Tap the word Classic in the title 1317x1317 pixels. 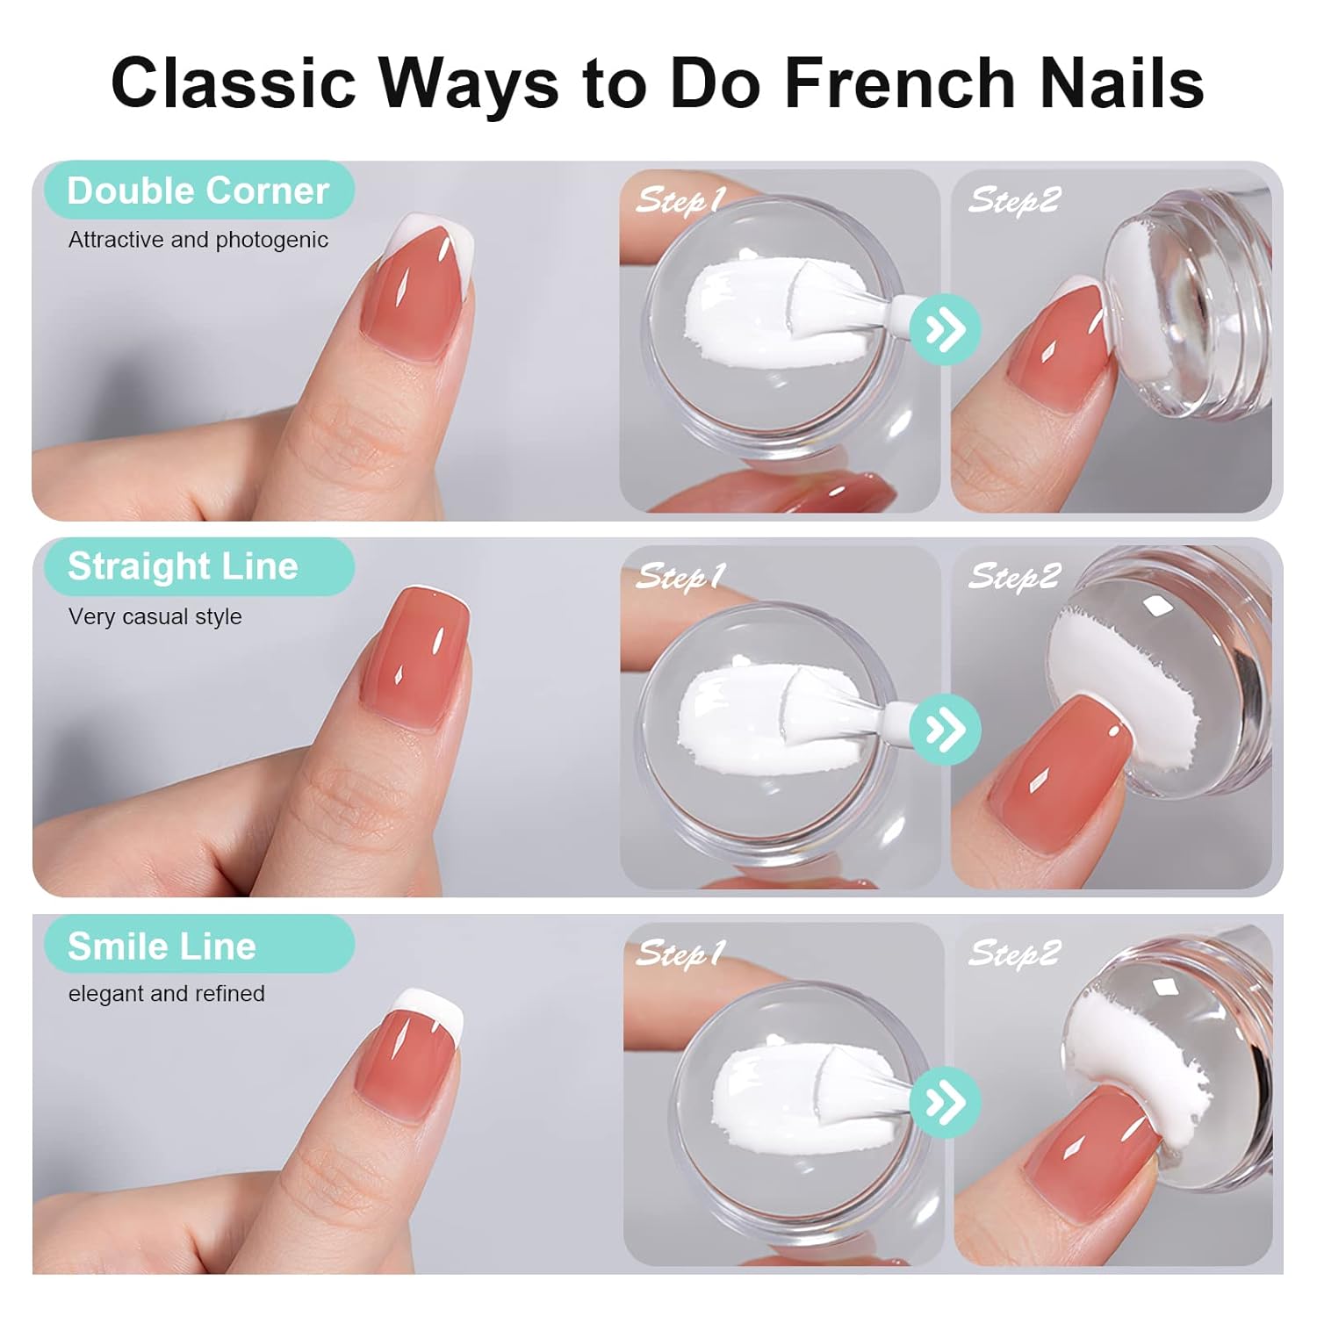(x=234, y=83)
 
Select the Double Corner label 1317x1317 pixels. (x=198, y=191)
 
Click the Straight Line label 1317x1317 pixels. (x=184, y=566)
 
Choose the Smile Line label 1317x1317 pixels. (x=162, y=946)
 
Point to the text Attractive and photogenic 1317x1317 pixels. (x=198, y=240)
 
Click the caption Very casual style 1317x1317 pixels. (x=155, y=616)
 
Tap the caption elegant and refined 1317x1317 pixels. (x=167, y=993)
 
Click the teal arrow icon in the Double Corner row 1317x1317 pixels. (x=945, y=329)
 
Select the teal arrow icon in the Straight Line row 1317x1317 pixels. (x=945, y=729)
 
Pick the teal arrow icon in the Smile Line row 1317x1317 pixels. (x=945, y=1102)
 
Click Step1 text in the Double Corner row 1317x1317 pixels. (x=680, y=200)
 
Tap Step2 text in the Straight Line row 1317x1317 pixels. (x=1014, y=576)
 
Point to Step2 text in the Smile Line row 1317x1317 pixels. (x=1014, y=953)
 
